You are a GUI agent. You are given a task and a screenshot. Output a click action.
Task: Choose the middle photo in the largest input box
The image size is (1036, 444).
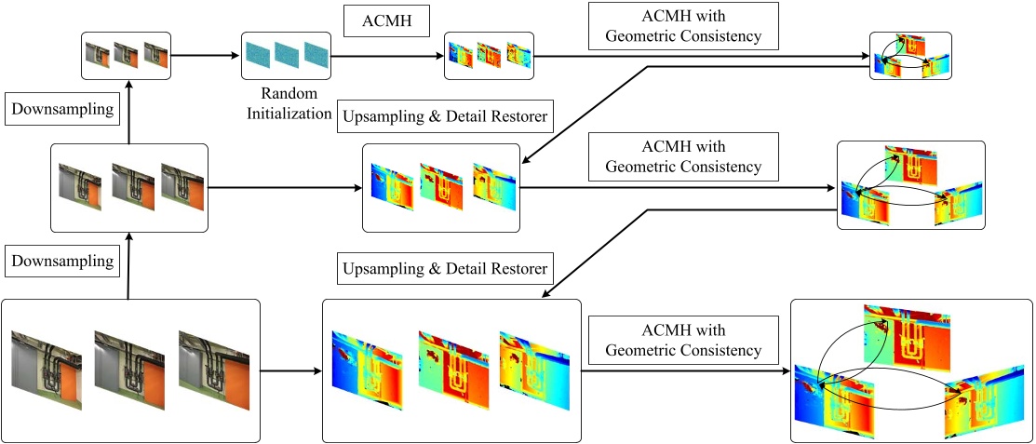pos(128,370)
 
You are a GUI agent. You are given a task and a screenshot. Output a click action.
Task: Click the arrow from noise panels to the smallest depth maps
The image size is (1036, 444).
pos(386,56)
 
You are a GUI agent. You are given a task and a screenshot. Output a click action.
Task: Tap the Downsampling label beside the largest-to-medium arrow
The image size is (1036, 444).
pos(63,262)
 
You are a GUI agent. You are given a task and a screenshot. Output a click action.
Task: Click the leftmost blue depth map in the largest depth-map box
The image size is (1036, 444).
pos(367,370)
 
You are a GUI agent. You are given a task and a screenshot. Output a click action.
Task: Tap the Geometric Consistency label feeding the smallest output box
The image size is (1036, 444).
pos(683,25)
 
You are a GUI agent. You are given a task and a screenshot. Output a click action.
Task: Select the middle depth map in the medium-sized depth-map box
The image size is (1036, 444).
pos(440,186)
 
